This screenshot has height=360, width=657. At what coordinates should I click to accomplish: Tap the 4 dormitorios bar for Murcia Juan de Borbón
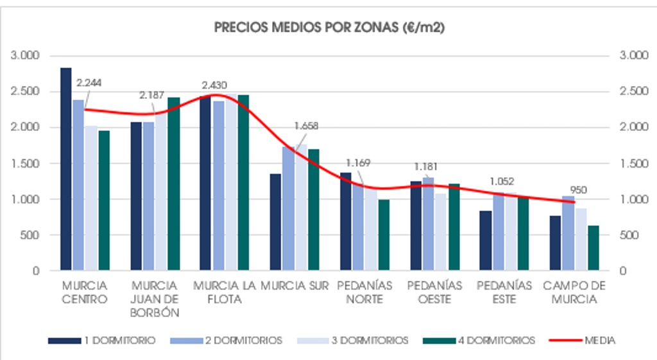[173, 184]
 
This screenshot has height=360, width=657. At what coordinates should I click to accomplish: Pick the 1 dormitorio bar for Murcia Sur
[275, 222]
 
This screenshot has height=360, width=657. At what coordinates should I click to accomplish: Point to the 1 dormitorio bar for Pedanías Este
[486, 241]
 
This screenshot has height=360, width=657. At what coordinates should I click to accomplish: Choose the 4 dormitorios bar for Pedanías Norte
[384, 235]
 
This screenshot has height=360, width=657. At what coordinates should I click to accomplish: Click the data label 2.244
[89, 82]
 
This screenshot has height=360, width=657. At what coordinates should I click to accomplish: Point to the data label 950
[578, 190]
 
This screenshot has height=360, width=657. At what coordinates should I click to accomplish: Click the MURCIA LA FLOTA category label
[224, 292]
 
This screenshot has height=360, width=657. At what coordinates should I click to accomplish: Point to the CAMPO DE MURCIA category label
[570, 292]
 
